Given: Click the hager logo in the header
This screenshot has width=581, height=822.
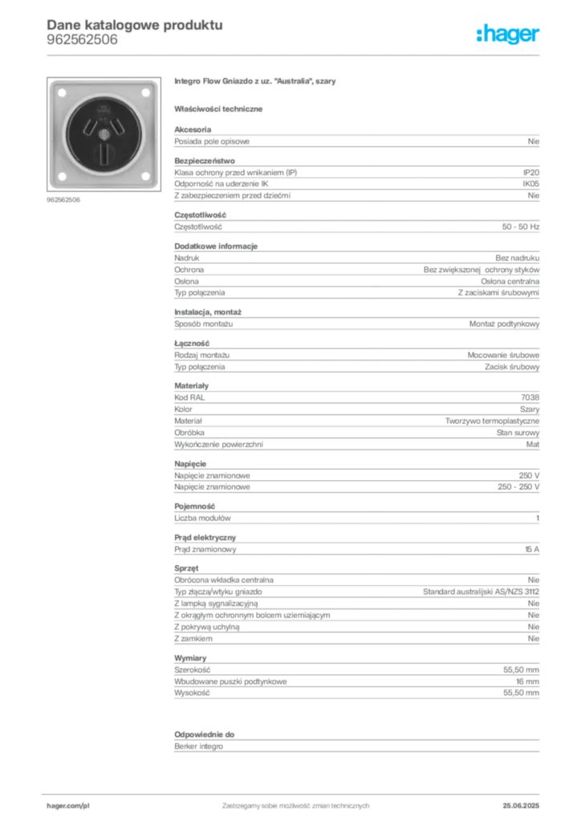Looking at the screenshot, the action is click(x=507, y=34).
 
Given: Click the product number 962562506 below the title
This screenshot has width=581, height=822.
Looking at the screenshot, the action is click(x=82, y=40).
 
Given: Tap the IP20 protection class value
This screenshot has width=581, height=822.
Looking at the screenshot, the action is click(x=530, y=173).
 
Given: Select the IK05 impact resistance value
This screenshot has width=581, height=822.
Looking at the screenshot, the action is click(x=530, y=184).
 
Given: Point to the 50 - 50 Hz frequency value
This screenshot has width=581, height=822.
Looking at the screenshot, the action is click(x=520, y=227).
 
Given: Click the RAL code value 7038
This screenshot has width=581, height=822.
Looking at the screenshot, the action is click(x=530, y=397).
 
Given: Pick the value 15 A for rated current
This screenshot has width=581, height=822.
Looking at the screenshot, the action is click(x=532, y=549).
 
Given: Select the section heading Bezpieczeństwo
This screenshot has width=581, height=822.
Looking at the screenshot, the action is click(x=205, y=161).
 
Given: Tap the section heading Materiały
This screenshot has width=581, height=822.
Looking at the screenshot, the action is click(x=191, y=386).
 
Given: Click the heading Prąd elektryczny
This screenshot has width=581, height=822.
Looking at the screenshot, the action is click(x=205, y=538).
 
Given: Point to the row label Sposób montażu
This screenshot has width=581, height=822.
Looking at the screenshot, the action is click(x=203, y=324).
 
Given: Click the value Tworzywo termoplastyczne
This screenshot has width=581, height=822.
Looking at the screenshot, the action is click(x=492, y=421).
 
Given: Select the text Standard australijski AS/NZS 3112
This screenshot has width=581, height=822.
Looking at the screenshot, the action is click(x=481, y=592).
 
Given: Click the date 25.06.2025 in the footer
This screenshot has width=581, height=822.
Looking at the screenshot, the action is click(x=521, y=806).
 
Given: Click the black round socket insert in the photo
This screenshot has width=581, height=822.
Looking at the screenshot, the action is click(x=104, y=134).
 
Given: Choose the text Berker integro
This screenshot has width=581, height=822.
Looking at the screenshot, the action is click(x=198, y=747).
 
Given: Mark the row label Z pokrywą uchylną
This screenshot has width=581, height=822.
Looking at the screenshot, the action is click(x=206, y=627).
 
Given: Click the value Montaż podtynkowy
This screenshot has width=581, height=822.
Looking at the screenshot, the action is click(x=504, y=324).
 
